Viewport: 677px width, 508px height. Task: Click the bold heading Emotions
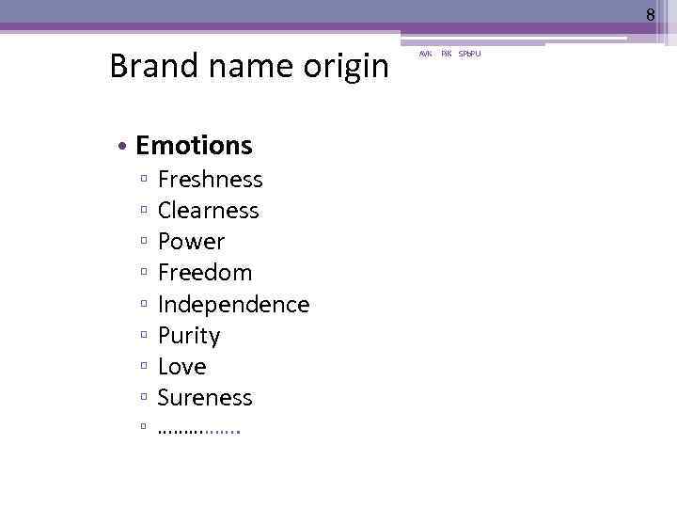pyautogui.click(x=194, y=145)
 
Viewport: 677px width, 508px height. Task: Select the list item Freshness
pyautogui.click(x=210, y=179)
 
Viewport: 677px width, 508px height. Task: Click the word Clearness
pyautogui.click(x=208, y=210)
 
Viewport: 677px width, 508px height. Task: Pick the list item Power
pyautogui.click(x=191, y=242)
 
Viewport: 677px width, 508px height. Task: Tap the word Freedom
pyautogui.click(x=205, y=273)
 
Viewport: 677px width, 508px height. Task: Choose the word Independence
pyautogui.click(x=233, y=305)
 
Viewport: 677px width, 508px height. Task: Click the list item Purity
pyautogui.click(x=188, y=336)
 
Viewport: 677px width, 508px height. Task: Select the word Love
pyautogui.click(x=181, y=367)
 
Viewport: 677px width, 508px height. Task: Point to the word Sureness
pyautogui.click(x=205, y=398)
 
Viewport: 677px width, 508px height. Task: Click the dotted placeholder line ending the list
pyautogui.click(x=198, y=430)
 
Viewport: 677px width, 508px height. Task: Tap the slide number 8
pyautogui.click(x=650, y=14)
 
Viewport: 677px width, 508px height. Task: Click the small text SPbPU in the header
pyautogui.click(x=469, y=54)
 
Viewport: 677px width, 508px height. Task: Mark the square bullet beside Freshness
pyautogui.click(x=143, y=180)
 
